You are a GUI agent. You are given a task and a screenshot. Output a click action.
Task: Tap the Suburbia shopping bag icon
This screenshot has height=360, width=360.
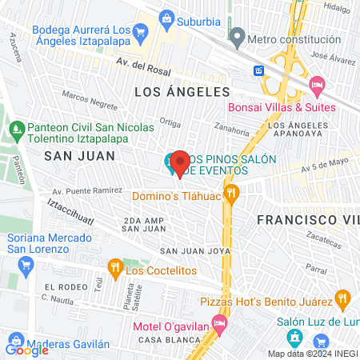(x=166, y=17)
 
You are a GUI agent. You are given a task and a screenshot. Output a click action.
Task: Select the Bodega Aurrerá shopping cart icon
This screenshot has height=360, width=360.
(x=141, y=33)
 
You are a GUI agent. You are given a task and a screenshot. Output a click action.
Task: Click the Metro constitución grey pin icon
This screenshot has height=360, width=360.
(x=237, y=38)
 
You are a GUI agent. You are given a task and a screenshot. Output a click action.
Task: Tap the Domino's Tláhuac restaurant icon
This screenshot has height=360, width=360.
(x=232, y=192)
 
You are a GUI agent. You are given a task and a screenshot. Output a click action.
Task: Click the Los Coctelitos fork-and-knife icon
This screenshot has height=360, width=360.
(x=114, y=266)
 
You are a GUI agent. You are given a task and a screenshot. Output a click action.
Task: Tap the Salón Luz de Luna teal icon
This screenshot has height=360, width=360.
(x=294, y=338)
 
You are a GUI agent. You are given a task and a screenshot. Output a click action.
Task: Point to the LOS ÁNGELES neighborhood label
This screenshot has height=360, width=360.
(x=182, y=93)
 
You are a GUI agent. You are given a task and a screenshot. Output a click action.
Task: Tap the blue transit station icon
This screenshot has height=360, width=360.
(x=259, y=70)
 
